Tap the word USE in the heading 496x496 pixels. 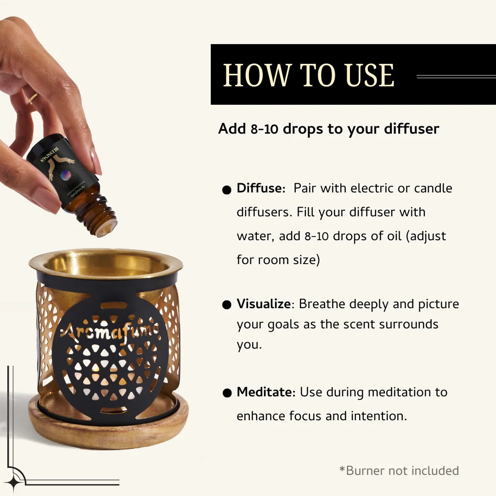pos(370,75)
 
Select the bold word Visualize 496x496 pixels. pos(264,304)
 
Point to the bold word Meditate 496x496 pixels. pos(265,392)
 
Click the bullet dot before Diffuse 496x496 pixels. pos(226,190)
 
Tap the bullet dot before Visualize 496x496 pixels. pos(226,305)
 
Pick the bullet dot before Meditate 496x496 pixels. pos(226,393)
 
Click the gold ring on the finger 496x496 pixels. pos(33,98)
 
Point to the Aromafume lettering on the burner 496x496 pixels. pos(110,329)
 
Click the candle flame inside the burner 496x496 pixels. pos(96,367)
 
